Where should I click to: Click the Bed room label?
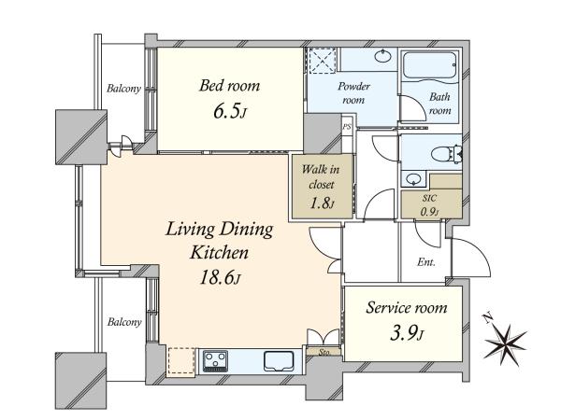229,86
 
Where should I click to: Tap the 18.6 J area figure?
220,277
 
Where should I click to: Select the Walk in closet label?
321,176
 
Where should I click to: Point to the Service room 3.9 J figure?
407,334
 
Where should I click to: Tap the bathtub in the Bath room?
430,65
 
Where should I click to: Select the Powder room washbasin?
383,56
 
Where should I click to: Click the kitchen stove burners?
215,361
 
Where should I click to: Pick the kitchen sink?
279,361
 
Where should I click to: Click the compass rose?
505,343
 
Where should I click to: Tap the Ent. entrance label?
426,262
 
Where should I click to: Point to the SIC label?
429,198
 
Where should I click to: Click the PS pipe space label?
347,126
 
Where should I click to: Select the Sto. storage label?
324,353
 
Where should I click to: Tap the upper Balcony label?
123,89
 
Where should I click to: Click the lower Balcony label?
124,322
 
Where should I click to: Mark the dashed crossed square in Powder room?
323,61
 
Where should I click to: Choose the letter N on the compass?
486,317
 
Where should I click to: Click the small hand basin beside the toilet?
413,178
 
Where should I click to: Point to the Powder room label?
353,93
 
